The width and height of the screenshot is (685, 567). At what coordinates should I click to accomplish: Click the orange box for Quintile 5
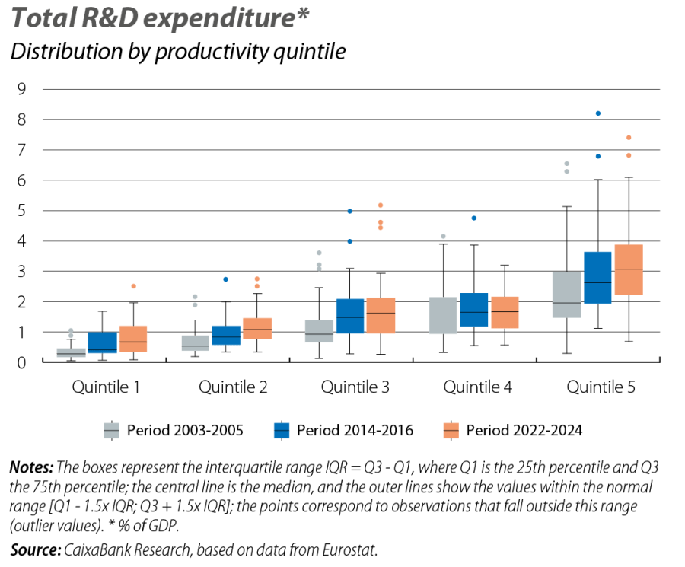[x=628, y=269]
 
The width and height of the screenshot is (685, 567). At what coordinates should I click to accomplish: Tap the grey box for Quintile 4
[x=444, y=316]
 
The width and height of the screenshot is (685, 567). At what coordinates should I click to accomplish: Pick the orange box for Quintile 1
[x=133, y=339]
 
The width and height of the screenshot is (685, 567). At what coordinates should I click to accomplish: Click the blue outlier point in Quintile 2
[x=225, y=279]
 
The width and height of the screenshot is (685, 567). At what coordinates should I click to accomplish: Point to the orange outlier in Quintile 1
[x=133, y=286]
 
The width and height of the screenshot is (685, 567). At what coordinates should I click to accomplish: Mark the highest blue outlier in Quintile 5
[x=598, y=113]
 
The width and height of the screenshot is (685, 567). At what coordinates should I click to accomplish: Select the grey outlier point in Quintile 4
[x=444, y=237]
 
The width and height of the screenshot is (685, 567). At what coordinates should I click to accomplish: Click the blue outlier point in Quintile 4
[x=474, y=218]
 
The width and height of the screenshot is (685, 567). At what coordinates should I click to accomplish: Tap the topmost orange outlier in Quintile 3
[x=381, y=205]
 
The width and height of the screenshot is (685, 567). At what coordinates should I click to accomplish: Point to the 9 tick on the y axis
[x=22, y=89]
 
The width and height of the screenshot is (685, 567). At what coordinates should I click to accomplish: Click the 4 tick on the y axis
[x=22, y=241]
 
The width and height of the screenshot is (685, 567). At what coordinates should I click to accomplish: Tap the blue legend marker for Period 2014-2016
[x=282, y=431]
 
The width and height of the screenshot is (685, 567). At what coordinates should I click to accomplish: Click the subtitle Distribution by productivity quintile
[x=177, y=53]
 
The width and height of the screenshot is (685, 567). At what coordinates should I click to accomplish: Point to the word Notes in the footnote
[x=30, y=467]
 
